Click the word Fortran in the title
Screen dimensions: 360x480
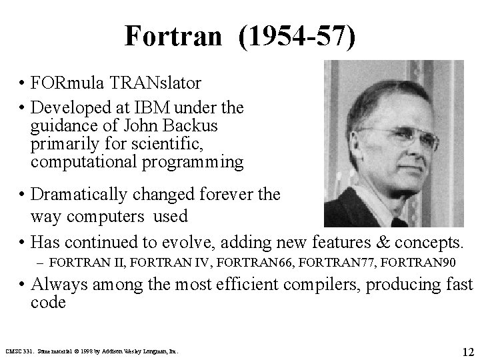tap(172, 36)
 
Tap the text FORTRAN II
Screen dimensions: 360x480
tap(79, 261)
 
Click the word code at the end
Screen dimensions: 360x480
tap(48, 303)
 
